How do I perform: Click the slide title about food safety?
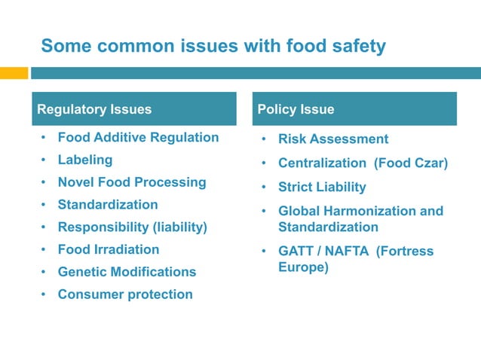[213, 47]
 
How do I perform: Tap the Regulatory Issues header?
[94, 109]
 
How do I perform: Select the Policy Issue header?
[296, 109]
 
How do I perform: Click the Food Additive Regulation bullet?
[138, 137]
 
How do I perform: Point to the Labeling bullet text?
[85, 160]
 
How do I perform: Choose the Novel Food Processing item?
[132, 182]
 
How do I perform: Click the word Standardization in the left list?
[108, 204]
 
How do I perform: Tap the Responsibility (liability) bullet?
[132, 227]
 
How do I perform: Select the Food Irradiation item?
[109, 249]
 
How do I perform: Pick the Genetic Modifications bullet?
[127, 272]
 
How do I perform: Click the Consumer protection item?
[125, 294]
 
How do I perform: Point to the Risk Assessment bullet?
[333, 139]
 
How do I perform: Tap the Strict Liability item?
[322, 187]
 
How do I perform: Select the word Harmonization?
[370, 212]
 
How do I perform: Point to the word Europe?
[303, 267]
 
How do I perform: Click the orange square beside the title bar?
[14, 73]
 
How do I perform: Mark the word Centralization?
[322, 163]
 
